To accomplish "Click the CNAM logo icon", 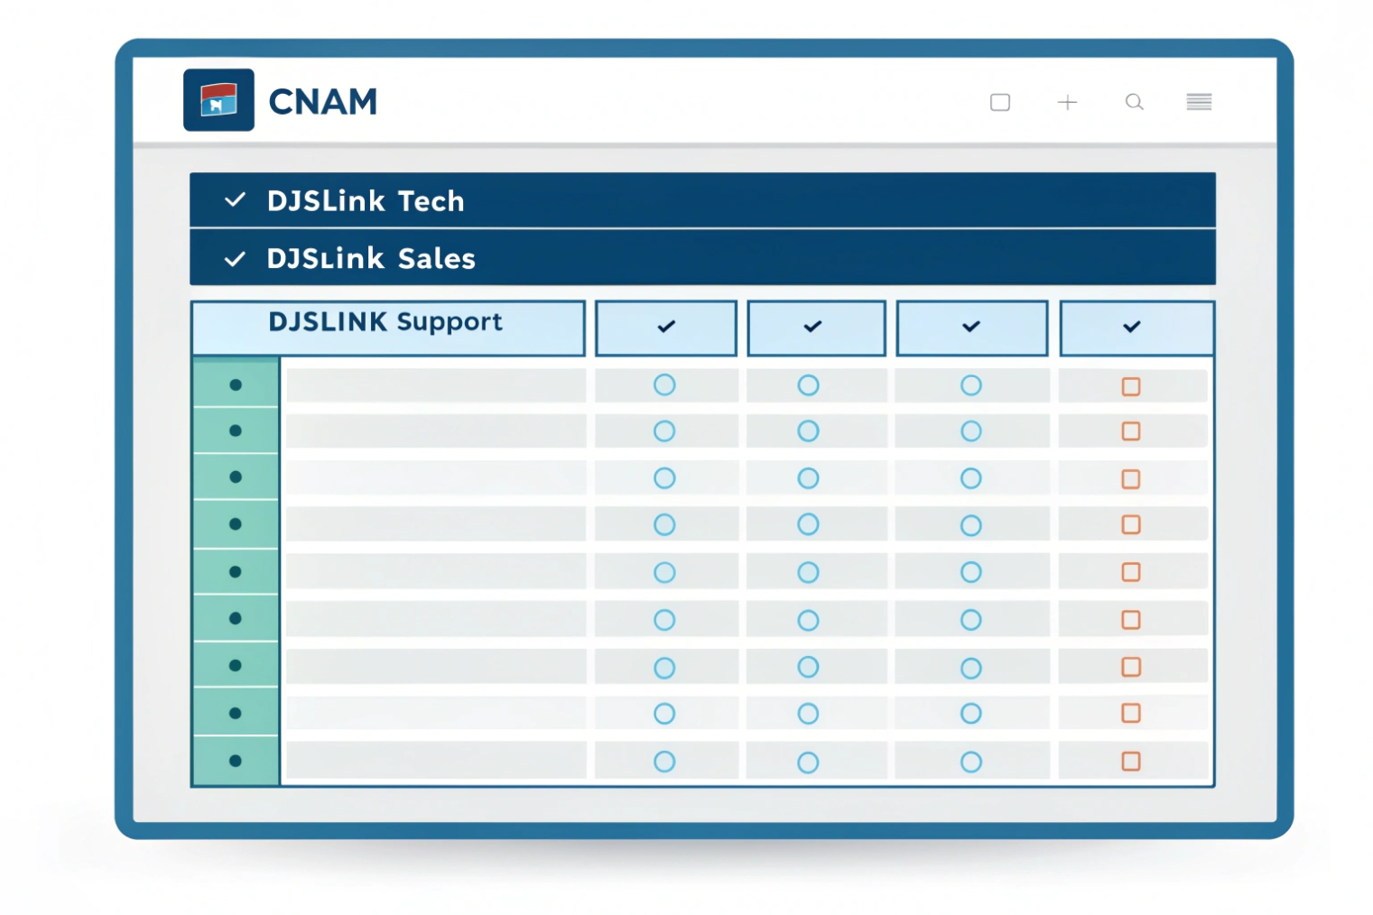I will pos(218,100).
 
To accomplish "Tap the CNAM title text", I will pos(322,102).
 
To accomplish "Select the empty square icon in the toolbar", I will pos(999,102).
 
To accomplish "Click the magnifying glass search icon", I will pos(1134,102).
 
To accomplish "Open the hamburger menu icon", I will pos(1199,102).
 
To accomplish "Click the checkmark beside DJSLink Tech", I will pos(235,199).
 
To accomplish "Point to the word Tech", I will pos(431,200).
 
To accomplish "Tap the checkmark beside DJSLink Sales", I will pos(235,259).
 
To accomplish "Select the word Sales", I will pos(436,259).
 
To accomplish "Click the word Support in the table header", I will pos(449,322).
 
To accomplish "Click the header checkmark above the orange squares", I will pos(1131,327).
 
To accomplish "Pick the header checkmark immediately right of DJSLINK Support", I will pos(666,327).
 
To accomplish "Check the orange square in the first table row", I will pos(1130,386).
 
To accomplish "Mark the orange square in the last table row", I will pos(1130,761).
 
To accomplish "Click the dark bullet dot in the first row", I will pos(236,384).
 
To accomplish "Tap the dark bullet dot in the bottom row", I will pos(236,761).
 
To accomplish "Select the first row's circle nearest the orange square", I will pos(970,385).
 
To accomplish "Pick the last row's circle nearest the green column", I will pos(664,762).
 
